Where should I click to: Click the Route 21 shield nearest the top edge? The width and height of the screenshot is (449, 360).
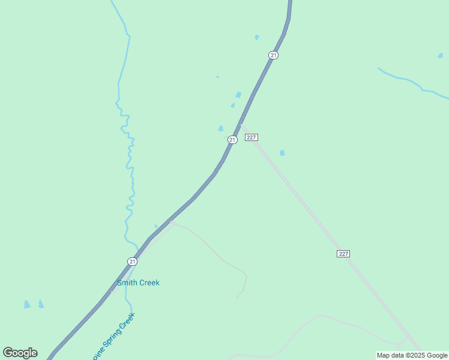coord(274,55)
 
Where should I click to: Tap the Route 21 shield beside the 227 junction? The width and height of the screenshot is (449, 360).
coord(232,139)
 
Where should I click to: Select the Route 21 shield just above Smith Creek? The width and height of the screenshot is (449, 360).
coord(132,261)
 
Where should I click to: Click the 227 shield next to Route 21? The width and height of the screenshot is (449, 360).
coord(252,137)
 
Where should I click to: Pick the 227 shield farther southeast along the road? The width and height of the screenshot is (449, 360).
coord(343,254)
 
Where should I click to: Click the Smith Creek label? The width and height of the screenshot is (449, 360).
coord(138,283)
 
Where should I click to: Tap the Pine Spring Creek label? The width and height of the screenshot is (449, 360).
coord(114,337)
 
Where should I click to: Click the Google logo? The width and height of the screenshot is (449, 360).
coord(20,353)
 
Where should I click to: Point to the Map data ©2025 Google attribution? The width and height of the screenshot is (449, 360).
coord(412,355)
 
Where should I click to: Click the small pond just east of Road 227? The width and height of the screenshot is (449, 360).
coord(282,153)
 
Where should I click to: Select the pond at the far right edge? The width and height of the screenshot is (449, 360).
coord(441,56)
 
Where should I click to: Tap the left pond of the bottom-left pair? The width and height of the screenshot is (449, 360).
coord(27,305)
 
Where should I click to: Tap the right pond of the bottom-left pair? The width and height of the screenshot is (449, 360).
coord(41,304)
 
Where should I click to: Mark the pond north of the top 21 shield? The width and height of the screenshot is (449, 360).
coord(257,37)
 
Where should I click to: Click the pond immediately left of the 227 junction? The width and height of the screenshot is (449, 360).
coord(221,128)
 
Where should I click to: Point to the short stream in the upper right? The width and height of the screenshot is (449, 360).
coord(414,83)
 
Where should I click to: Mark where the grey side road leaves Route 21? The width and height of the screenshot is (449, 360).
coord(170,221)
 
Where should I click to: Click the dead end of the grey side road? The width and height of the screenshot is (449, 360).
coord(238,297)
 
